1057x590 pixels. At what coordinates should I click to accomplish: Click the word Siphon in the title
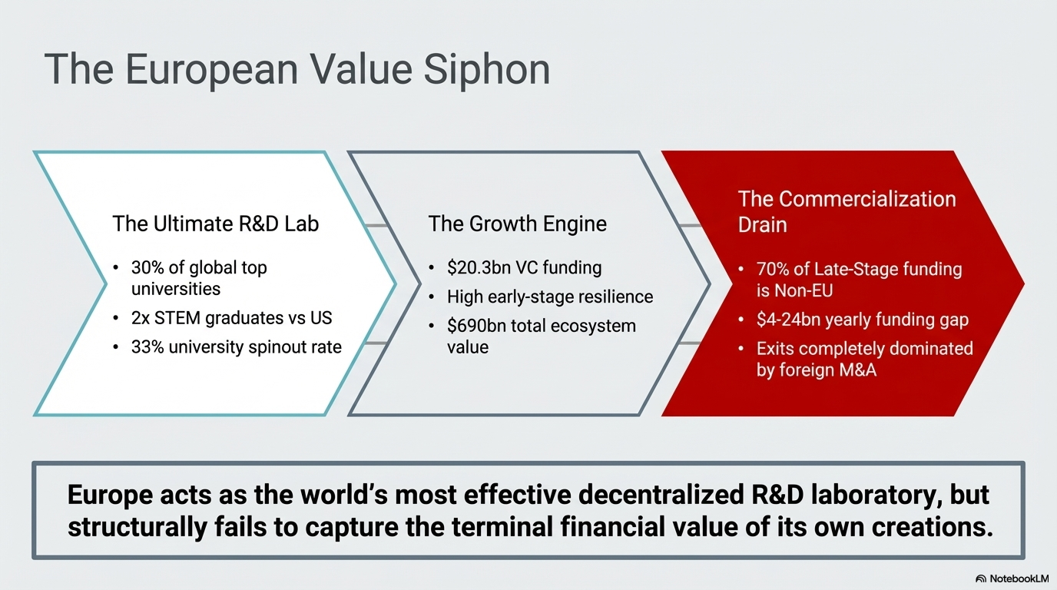(x=486, y=71)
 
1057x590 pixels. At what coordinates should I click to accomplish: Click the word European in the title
(x=211, y=71)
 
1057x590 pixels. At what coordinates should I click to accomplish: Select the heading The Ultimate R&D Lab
(x=216, y=224)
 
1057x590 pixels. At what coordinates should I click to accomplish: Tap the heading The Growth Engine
(x=517, y=224)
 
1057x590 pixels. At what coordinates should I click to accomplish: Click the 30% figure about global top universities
(x=147, y=267)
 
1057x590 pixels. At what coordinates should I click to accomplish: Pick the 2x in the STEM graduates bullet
(x=140, y=318)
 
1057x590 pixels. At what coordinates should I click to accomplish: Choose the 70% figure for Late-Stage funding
(x=773, y=269)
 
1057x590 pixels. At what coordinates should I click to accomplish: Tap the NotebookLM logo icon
(x=980, y=578)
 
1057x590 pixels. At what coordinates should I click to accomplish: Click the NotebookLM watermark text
(x=1019, y=578)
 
